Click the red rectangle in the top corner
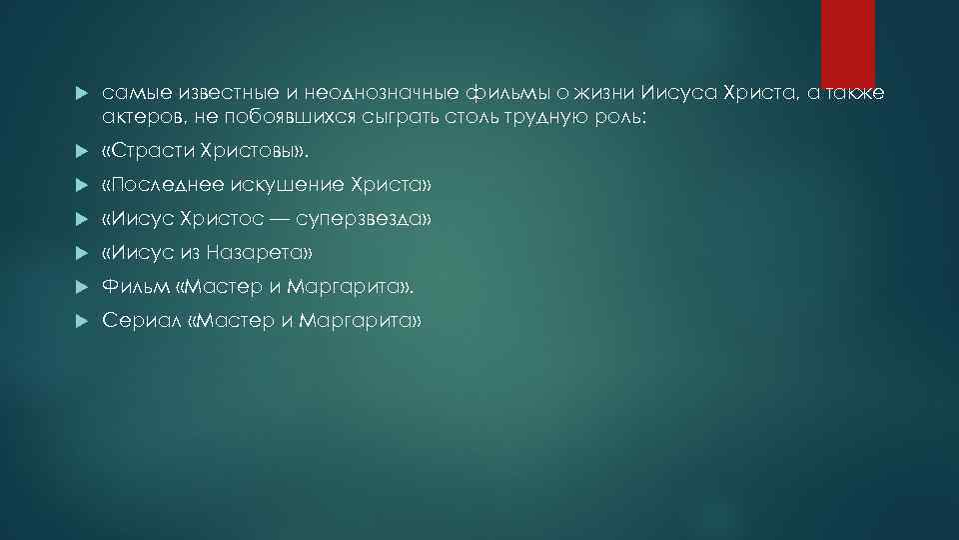coord(848,43)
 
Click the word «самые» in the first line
coord(127,93)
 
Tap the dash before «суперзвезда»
coord(278,220)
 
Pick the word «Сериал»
coord(138,322)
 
